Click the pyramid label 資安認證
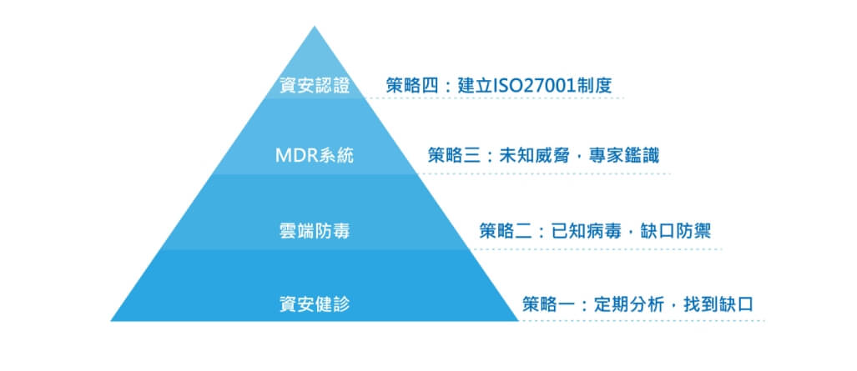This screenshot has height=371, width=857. [x=315, y=86]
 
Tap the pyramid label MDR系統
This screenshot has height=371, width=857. [x=315, y=157]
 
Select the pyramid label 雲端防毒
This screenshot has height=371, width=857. [x=315, y=231]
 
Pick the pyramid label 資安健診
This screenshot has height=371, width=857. [x=315, y=304]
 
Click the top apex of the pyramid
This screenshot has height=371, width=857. [x=315, y=26]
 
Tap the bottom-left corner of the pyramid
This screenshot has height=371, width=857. [x=111, y=320]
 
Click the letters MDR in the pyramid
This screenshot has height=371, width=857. [x=295, y=157]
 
